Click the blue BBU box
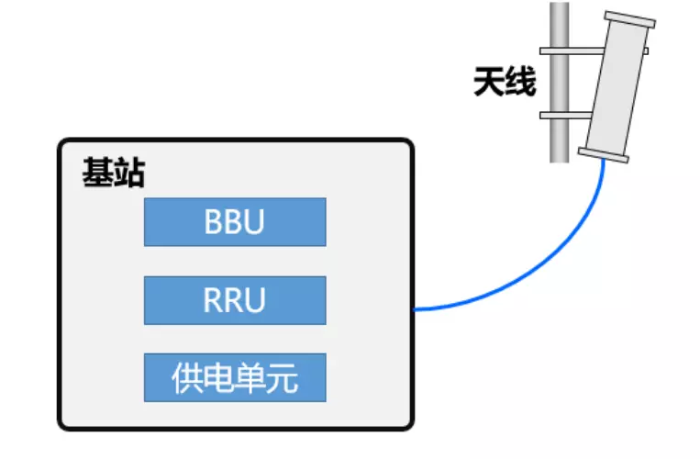235,222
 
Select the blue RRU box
235,300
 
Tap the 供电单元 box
235,377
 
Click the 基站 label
113,172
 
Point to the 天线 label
504,84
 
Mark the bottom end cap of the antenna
605,154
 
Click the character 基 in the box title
97,172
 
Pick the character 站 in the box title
128,172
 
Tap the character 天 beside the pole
488,84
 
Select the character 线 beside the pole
519,84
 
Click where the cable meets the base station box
415,309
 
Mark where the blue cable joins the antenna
604,162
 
